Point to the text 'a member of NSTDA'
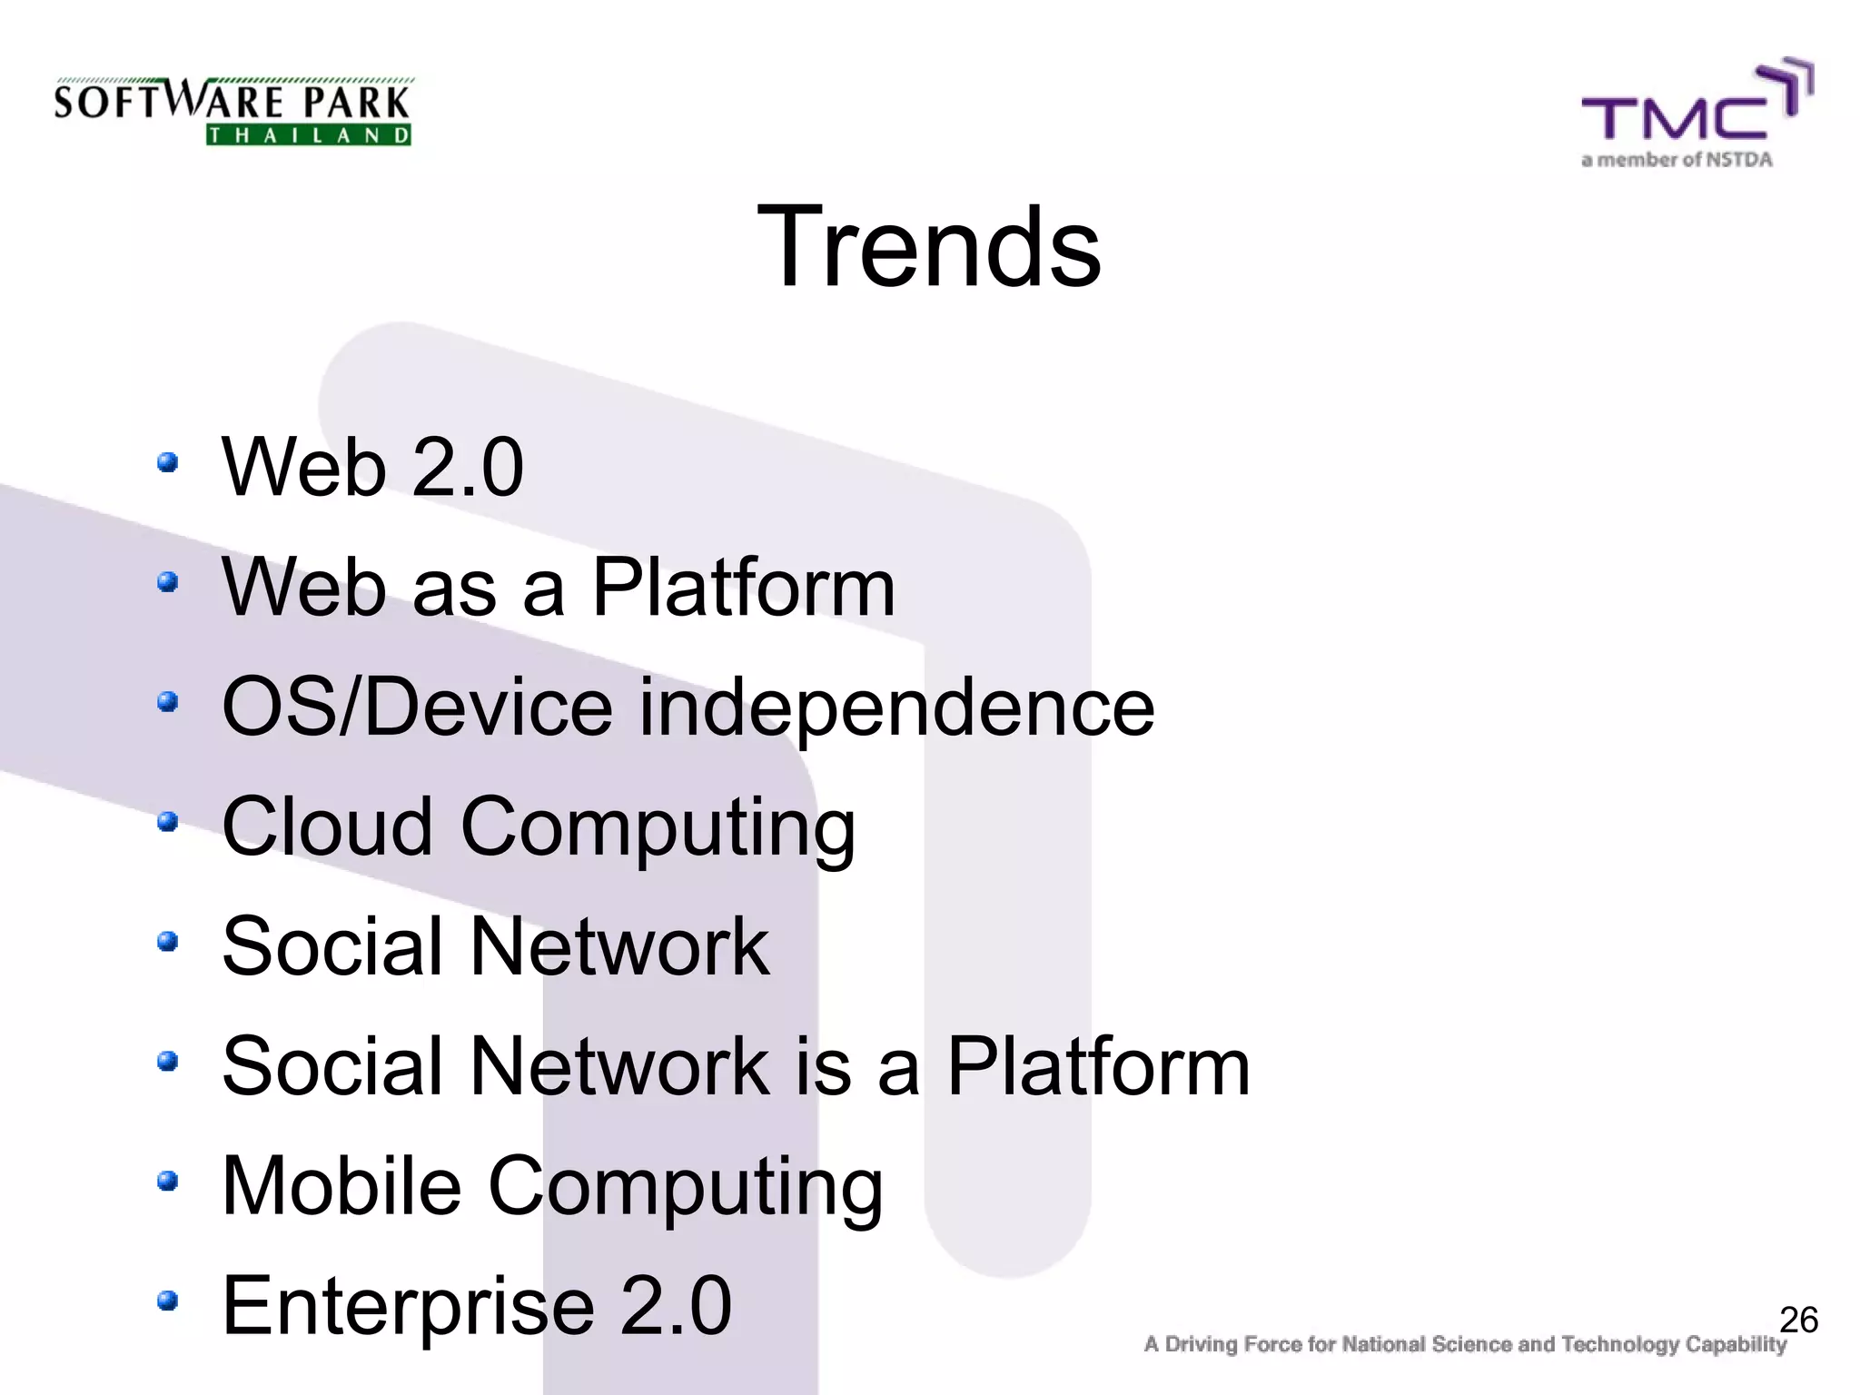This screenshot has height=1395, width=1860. (1677, 160)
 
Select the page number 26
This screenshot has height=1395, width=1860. (1798, 1320)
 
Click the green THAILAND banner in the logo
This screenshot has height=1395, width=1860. (309, 135)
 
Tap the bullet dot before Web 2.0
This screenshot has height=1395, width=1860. (167, 463)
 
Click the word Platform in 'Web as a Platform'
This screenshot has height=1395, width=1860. (743, 588)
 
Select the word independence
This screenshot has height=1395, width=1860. (897, 708)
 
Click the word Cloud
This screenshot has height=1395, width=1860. (327, 826)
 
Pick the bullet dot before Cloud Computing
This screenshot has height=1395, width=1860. (167, 822)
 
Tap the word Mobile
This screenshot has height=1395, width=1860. (341, 1185)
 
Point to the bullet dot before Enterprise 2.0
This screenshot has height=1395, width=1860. (167, 1301)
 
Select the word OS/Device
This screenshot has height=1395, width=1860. (418, 708)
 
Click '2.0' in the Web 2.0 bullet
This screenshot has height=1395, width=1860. (467, 468)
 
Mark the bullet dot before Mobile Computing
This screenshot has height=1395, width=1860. (167, 1181)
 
